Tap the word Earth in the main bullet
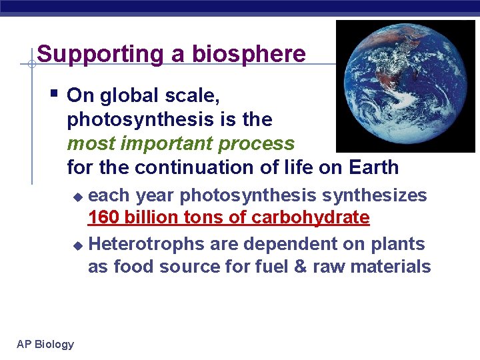tap(371, 167)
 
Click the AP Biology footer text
tap(45, 344)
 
